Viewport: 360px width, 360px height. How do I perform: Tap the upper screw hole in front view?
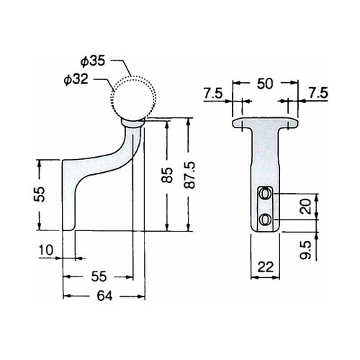pyautogui.click(x=265, y=194)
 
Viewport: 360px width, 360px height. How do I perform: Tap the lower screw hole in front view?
pyautogui.click(x=265, y=218)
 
